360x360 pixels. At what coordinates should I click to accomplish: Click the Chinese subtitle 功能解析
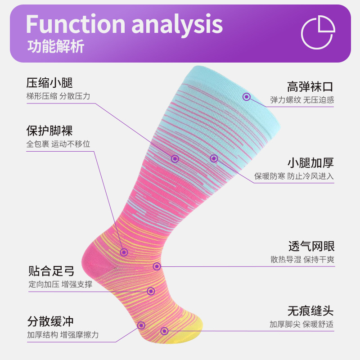pos(56,47)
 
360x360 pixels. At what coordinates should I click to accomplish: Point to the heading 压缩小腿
pos(49,83)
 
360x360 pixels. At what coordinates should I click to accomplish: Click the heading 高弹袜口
pos(310,86)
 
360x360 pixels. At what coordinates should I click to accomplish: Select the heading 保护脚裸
pos(49,131)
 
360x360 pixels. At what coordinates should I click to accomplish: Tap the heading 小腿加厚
pos(310,162)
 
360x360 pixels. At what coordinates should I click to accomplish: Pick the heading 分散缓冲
pos(50,321)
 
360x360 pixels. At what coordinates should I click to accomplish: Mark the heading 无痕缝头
pos(310,310)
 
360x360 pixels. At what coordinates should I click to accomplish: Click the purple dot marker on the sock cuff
pos(247,96)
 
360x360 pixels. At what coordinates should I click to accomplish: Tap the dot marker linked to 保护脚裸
pos(124,252)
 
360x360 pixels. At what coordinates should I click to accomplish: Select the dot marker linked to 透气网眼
pos(157,266)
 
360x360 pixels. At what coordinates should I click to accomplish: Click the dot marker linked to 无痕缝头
pos(164,331)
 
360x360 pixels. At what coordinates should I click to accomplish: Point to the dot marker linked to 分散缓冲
pos(141,325)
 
